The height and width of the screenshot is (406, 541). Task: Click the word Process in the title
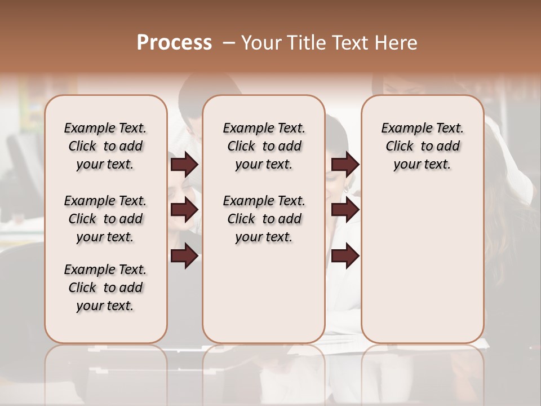174,42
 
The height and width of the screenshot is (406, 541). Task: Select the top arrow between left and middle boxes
185,164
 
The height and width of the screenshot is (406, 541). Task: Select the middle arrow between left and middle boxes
185,210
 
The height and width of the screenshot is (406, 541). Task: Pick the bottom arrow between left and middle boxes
185,256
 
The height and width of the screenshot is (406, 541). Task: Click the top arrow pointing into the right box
345,164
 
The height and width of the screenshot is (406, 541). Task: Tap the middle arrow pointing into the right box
345,210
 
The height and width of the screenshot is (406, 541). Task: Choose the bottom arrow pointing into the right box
345,256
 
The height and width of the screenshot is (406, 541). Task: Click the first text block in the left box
105,146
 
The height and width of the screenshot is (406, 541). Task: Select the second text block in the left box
105,219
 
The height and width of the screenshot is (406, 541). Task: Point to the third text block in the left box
105,288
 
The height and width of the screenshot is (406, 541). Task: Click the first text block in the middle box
264,146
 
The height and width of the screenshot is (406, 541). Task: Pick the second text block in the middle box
264,219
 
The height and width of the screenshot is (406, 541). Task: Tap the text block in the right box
423,146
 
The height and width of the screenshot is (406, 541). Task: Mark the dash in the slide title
228,43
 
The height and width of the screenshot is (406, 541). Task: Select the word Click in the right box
400,146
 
